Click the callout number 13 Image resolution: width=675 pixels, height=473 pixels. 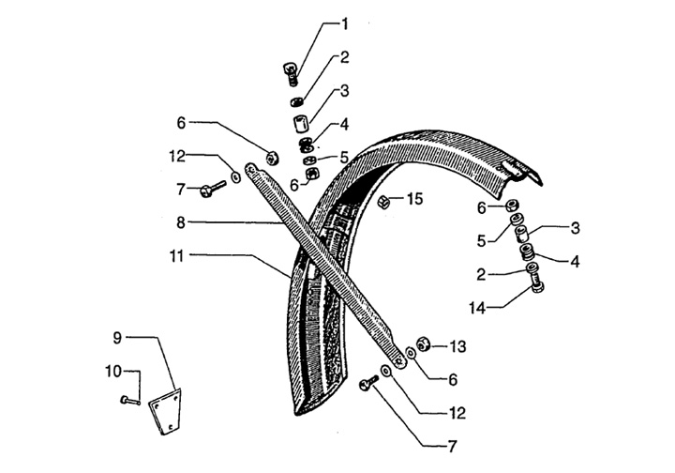coord(457,347)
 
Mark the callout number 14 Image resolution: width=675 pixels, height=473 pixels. coord(478,305)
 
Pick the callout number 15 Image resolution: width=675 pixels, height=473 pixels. coord(414,199)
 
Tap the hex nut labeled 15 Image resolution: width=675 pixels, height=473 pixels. coord(384,201)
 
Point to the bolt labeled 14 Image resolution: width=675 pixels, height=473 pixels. coord(534,280)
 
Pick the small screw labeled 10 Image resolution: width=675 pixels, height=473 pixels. coord(127,402)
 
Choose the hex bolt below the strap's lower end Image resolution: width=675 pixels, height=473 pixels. coord(367,383)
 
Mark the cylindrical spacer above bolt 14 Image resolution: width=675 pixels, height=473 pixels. coord(527,232)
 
